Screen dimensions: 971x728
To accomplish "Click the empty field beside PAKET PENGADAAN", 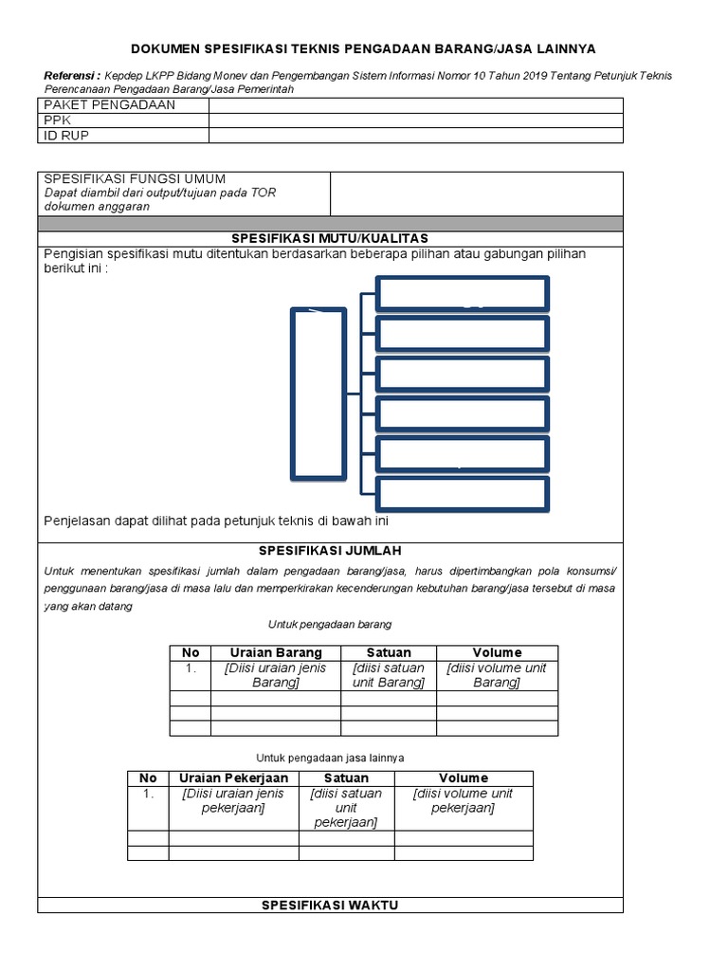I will coord(415,105).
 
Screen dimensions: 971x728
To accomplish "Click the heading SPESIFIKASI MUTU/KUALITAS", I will coord(331,237).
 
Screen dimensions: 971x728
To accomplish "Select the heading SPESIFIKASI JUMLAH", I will coord(331,549).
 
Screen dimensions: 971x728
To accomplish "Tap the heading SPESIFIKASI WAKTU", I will coord(331,905).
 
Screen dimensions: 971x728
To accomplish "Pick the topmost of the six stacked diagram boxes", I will coord(462,293).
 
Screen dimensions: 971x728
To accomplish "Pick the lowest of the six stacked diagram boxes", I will coord(462,493).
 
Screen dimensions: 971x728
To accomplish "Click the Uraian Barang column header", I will coord(276,652).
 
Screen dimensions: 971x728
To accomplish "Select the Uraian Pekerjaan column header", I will coord(233,778).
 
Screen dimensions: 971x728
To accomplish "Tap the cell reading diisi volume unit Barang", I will coord(497,675).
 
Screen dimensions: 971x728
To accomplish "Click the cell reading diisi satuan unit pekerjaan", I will coord(346,808).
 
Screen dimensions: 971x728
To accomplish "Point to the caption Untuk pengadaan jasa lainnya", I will coord(331,758).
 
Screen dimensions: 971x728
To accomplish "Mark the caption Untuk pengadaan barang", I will coord(331,625).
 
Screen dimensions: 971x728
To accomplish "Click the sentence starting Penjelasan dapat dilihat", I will coord(217,521).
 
